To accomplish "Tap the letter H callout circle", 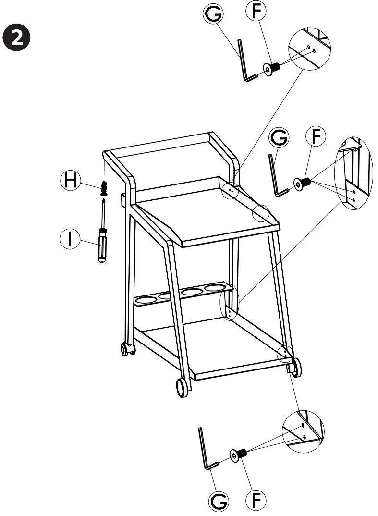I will [x=71, y=181].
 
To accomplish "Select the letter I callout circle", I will [x=71, y=239].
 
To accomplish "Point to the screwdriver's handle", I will [x=102, y=245].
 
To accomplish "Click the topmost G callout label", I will [x=213, y=14].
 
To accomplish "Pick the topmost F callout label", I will [x=256, y=12].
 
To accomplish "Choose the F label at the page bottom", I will [x=256, y=500].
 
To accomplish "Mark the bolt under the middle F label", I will [x=303, y=183].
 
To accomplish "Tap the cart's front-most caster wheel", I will [x=182, y=387].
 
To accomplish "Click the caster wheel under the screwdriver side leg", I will [x=127, y=349].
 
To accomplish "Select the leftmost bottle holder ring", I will [x=146, y=301].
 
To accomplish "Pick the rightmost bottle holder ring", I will [x=215, y=288].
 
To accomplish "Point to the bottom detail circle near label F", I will [x=303, y=431].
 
